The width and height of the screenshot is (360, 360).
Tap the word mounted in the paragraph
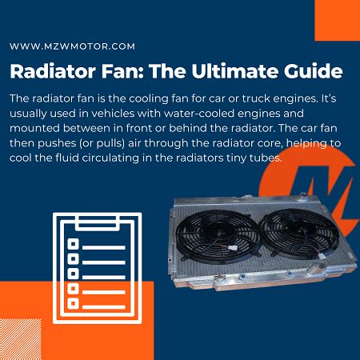36,128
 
